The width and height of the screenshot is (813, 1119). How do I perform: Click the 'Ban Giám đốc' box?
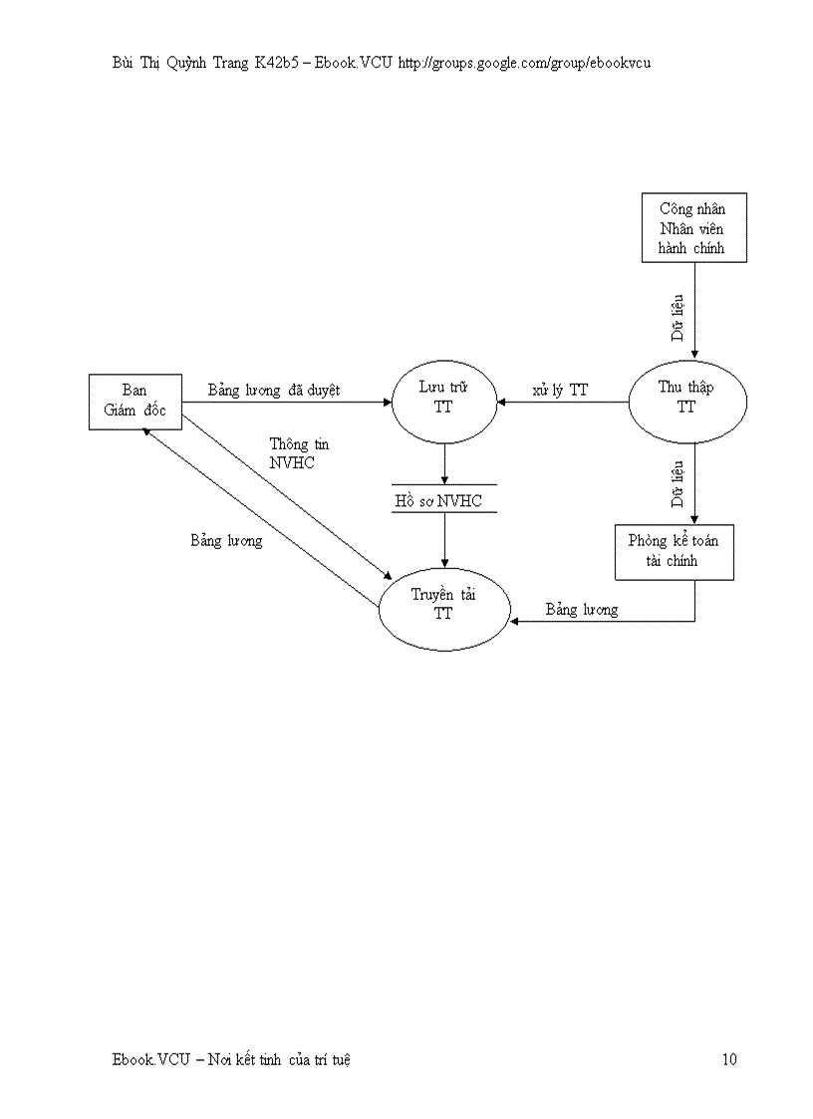(x=135, y=402)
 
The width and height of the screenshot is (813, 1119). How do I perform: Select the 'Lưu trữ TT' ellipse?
(x=443, y=402)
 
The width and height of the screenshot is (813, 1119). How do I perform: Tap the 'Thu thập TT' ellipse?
(x=685, y=402)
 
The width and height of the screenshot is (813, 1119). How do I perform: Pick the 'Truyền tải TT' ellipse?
(x=443, y=605)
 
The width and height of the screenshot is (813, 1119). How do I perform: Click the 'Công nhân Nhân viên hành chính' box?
(x=692, y=229)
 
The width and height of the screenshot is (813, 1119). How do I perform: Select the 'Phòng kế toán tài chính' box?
(x=675, y=551)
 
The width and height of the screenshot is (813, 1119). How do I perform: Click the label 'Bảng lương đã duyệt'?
(x=274, y=390)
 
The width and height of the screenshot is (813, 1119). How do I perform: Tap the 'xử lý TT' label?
(x=559, y=390)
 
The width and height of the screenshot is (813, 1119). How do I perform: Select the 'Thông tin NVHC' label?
(x=298, y=453)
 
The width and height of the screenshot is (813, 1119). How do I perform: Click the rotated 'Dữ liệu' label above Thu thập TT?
(x=677, y=317)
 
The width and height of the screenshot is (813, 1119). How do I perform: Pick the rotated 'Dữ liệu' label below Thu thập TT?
(x=677, y=483)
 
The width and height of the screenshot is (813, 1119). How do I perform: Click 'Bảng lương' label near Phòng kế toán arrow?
(x=581, y=609)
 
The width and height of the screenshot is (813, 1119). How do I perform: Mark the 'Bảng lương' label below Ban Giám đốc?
(x=226, y=540)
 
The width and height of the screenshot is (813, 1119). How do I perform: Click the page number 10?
(x=729, y=1059)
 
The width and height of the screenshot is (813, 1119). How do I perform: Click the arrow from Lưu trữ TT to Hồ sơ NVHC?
(x=444, y=462)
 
